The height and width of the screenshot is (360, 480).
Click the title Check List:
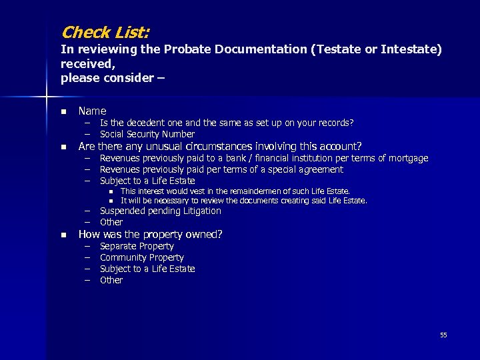(x=105, y=32)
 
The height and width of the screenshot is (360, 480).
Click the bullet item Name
(x=92, y=111)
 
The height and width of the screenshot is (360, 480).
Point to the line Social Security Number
(x=147, y=134)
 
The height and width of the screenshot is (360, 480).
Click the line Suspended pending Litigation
(x=160, y=211)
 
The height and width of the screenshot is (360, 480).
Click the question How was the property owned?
(x=150, y=234)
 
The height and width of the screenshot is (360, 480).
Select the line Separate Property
(x=137, y=246)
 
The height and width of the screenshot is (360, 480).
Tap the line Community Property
(x=141, y=257)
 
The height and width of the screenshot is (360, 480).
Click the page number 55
(x=443, y=335)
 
